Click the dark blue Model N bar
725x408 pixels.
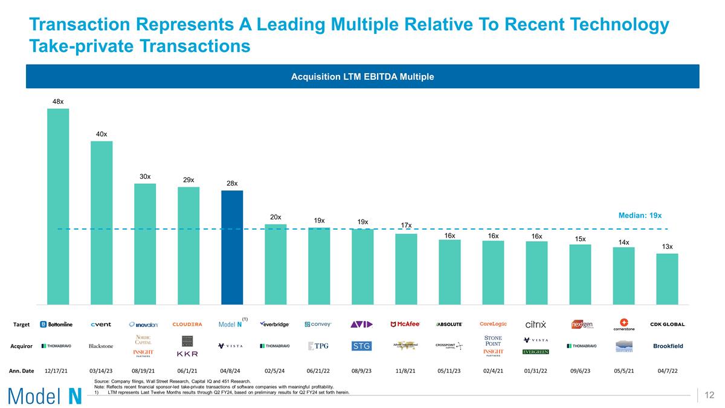pyautogui.click(x=232, y=247)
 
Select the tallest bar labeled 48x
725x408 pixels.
pyautogui.click(x=58, y=206)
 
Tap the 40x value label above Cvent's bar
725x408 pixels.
pyautogui.click(x=101, y=134)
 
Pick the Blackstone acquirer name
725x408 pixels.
pyautogui.click(x=101, y=346)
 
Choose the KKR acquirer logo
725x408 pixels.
pyautogui.click(x=187, y=354)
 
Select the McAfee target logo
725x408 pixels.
pyautogui.click(x=405, y=325)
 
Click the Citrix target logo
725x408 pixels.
pyautogui.click(x=536, y=325)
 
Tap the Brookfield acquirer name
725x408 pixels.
pyautogui.click(x=668, y=346)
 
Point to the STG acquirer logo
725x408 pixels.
pyautogui.click(x=362, y=346)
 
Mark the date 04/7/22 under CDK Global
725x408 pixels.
pyautogui.click(x=667, y=370)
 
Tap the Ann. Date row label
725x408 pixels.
pyautogui.click(x=21, y=370)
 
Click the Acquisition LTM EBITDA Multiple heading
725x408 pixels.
pyautogui.click(x=362, y=77)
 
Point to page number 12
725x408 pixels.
pyautogui.click(x=709, y=395)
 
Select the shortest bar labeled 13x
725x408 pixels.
pyautogui.click(x=667, y=279)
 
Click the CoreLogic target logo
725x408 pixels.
pyautogui.click(x=493, y=324)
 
